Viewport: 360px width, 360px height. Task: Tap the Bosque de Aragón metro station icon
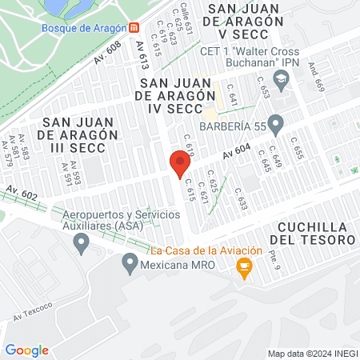(x=132, y=26)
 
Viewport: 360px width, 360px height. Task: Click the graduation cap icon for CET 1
(x=280, y=78)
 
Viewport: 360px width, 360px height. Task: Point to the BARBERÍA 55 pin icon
(x=276, y=125)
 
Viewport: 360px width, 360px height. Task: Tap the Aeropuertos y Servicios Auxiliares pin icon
(x=80, y=243)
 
